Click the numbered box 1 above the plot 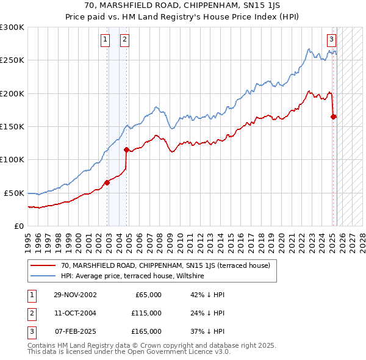(106, 40)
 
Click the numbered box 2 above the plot (124, 40)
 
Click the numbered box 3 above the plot (331, 40)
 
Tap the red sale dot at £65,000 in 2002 (107, 182)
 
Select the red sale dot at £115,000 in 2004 (126, 149)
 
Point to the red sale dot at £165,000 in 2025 (333, 117)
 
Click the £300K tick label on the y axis (12, 27)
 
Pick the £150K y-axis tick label (12, 126)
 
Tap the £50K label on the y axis (14, 193)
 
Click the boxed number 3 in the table (30, 331)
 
